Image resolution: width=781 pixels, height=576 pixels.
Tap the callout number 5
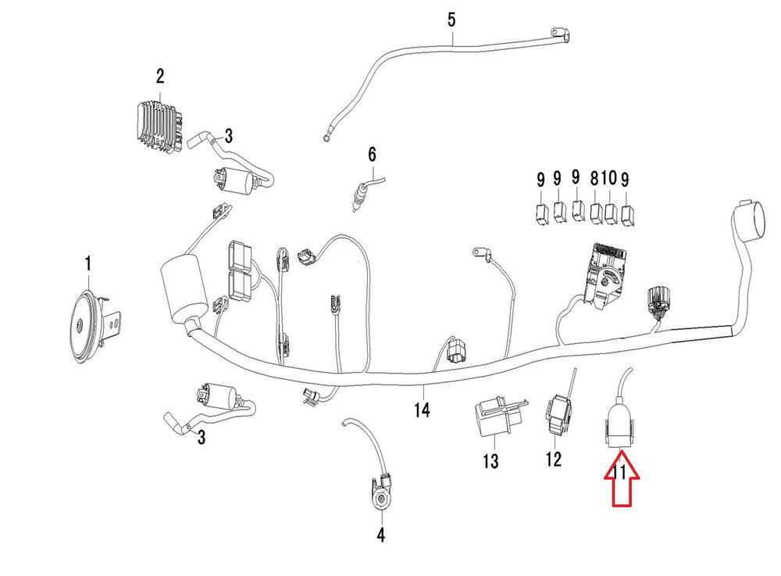(451, 19)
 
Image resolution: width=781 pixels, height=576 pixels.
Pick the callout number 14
(423, 409)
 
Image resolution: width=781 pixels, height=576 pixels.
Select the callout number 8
(595, 179)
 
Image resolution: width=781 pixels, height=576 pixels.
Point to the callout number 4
(380, 535)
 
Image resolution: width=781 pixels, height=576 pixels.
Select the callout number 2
(160, 77)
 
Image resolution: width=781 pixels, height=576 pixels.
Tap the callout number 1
(88, 264)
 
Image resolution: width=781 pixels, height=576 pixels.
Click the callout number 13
(490, 461)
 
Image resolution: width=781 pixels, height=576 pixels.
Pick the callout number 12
(553, 459)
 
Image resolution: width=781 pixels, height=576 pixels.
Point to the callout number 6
(372, 152)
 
